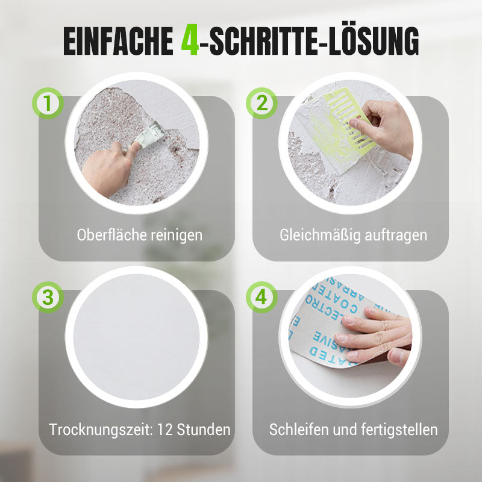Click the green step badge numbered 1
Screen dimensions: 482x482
(x=48, y=103)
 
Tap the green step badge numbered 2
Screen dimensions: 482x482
(x=261, y=103)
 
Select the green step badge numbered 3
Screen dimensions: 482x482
(x=48, y=296)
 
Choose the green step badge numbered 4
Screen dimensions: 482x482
(x=261, y=296)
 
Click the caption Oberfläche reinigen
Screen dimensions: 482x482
(x=140, y=235)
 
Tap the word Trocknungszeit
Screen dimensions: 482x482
(x=100, y=430)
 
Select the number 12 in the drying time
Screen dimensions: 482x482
(x=165, y=430)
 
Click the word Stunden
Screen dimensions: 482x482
(x=204, y=430)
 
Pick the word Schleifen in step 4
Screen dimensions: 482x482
(x=296, y=430)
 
